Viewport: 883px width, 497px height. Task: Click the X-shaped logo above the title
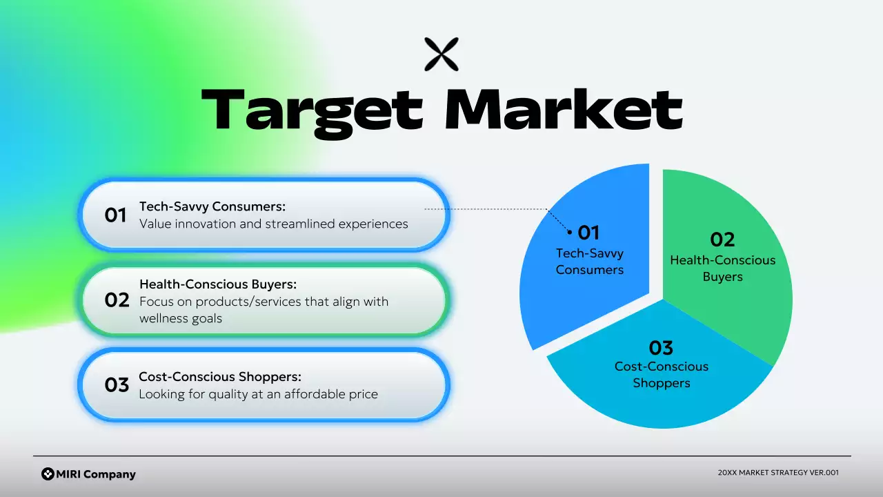point(441,55)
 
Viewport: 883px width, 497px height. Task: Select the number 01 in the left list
point(116,215)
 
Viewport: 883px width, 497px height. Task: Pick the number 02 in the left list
point(117,300)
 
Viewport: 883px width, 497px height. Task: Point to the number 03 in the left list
point(117,385)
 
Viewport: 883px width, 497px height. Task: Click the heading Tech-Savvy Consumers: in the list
point(212,206)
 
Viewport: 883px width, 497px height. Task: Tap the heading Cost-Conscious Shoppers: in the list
point(220,377)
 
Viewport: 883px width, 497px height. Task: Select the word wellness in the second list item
point(163,318)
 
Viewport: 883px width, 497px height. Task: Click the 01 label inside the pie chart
point(588,232)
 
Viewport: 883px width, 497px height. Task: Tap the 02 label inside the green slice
point(722,240)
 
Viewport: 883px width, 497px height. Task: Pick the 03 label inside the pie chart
point(661,347)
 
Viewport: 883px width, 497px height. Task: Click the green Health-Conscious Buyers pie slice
point(745,311)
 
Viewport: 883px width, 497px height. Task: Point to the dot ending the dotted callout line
point(570,233)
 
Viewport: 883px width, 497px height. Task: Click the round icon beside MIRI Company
point(48,474)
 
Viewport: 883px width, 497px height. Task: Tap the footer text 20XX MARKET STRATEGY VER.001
point(778,473)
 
